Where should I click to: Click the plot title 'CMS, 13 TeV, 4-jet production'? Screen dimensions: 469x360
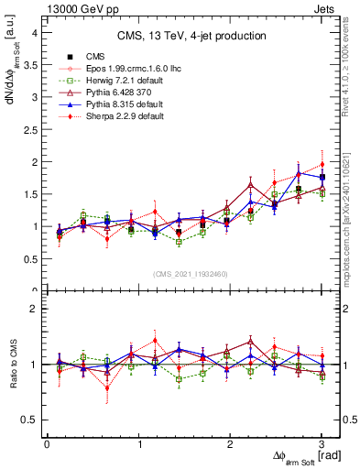pyautogui.click(x=191, y=36)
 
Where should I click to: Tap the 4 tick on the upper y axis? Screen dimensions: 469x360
pyautogui.click(x=35, y=32)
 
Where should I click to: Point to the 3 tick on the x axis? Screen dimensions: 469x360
pyautogui.click(x=322, y=445)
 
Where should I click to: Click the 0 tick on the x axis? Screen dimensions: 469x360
pyautogui.click(x=48, y=445)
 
